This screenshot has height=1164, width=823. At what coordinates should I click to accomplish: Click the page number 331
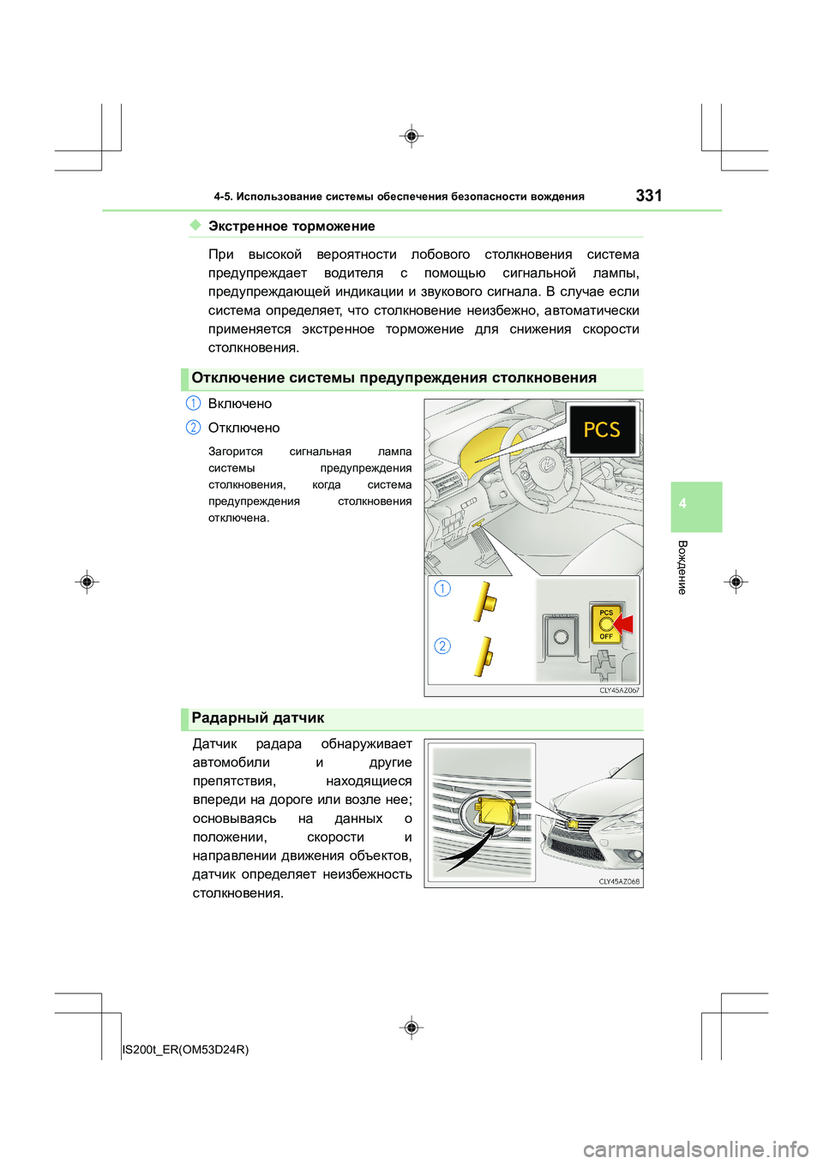[x=649, y=195]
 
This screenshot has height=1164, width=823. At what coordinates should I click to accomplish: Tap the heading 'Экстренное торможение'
[x=291, y=226]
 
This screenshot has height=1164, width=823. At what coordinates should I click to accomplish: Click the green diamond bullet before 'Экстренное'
[x=195, y=225]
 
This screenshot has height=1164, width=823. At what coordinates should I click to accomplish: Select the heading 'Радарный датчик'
[x=258, y=718]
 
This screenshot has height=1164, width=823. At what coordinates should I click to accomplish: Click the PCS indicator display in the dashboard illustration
[x=602, y=429]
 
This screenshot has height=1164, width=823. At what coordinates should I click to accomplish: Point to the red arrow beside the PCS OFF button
[x=623, y=624]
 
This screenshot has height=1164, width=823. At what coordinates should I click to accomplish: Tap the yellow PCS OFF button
[x=605, y=624]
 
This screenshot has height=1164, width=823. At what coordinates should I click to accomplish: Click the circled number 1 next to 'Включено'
[x=194, y=404]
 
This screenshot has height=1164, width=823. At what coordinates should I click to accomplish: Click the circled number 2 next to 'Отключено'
[x=194, y=428]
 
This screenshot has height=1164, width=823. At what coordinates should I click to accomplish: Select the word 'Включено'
[x=240, y=404]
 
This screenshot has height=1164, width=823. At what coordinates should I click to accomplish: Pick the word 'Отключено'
[x=244, y=428]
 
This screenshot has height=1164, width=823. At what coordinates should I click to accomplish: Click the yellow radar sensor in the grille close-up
[x=496, y=810]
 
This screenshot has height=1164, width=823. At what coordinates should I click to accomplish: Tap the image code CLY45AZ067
[x=619, y=690]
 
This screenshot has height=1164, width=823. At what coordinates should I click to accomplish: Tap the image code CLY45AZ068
[x=619, y=881]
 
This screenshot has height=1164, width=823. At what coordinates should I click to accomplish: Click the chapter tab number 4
[x=682, y=504]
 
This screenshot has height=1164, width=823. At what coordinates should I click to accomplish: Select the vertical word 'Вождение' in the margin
[x=682, y=567]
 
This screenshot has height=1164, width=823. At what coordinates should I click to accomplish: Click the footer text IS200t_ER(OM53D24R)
[x=186, y=1049]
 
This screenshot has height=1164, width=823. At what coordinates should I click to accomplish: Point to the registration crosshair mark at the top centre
[x=411, y=136]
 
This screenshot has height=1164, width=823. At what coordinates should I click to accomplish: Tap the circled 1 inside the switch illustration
[x=442, y=588]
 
